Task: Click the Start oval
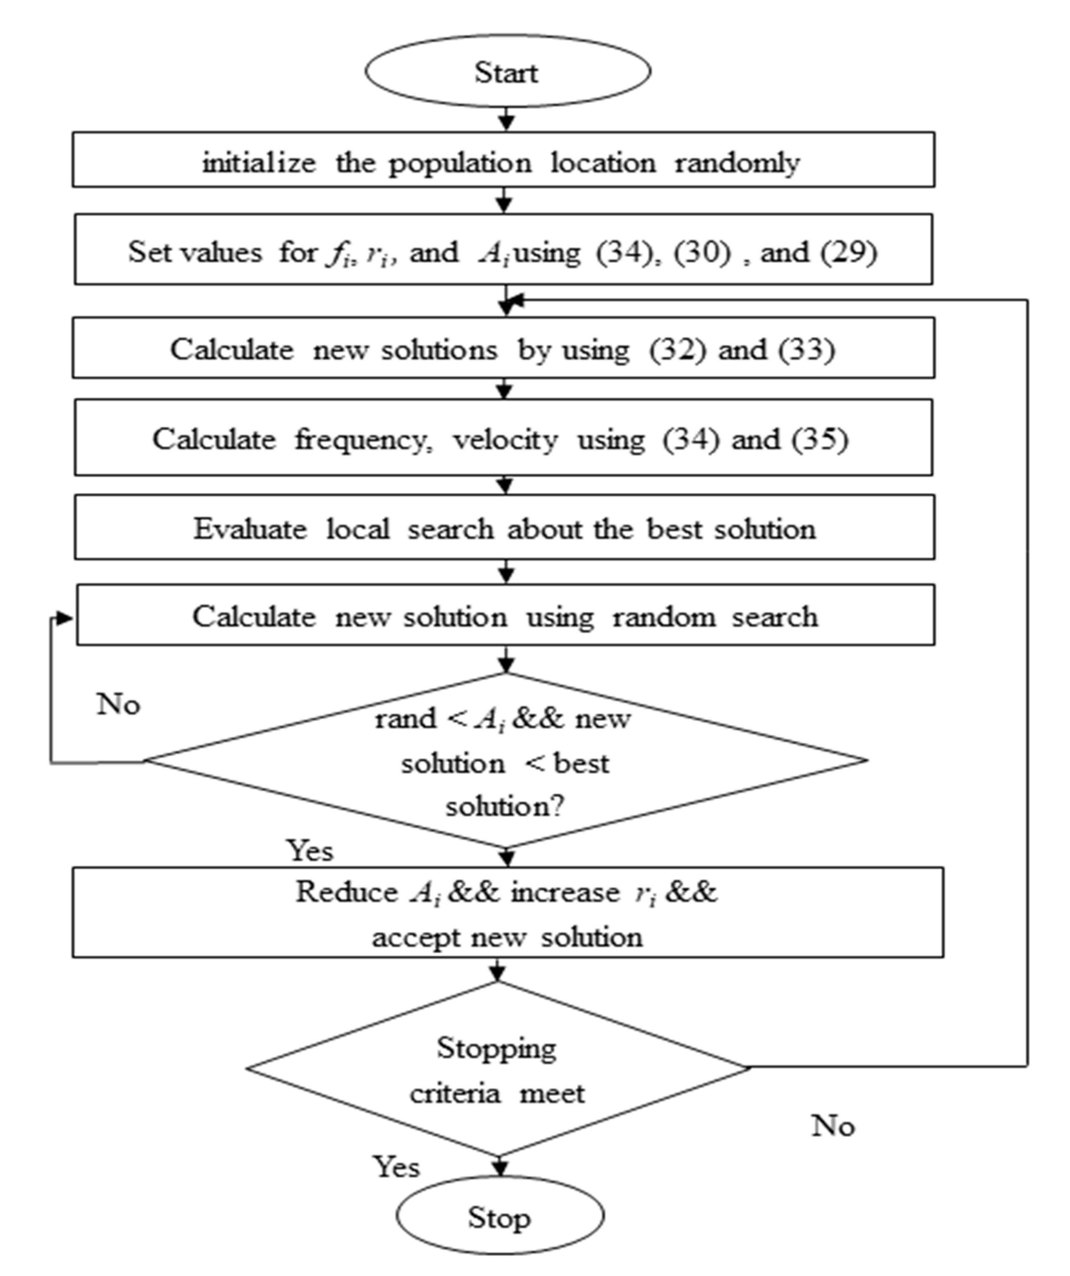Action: click(507, 72)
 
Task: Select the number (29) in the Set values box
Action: click(849, 251)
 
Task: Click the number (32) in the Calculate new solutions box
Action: click(678, 349)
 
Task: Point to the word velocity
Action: click(505, 439)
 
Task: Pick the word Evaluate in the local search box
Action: click(250, 529)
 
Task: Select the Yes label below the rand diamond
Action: click(310, 851)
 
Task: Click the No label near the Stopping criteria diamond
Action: click(833, 1126)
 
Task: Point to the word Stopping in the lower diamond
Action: click(497, 1048)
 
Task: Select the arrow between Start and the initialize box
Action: click(506, 119)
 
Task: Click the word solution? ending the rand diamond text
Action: click(505, 806)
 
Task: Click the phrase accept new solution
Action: click(507, 937)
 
